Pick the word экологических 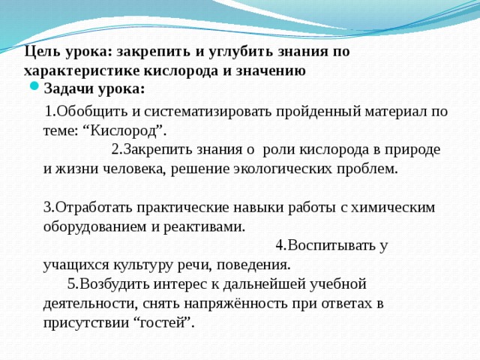tap(286, 168)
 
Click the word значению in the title tap(271, 71)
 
